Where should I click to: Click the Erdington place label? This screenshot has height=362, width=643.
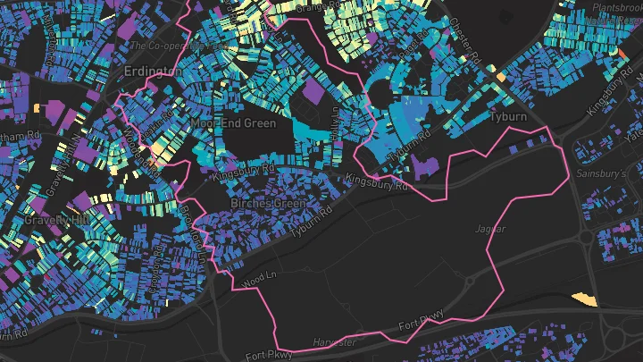click(147, 71)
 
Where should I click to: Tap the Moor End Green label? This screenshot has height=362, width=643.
click(233, 123)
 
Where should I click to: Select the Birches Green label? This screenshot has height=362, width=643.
click(268, 204)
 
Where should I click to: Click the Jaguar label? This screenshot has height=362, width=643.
click(490, 230)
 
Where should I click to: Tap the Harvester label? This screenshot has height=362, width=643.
click(335, 342)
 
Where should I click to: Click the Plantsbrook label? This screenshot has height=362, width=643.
click(613, 5)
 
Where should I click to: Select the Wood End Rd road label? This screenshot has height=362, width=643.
click(133, 147)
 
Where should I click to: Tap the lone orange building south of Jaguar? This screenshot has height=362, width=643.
click(582, 299)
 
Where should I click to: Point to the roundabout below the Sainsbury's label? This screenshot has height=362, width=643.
click(587, 239)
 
